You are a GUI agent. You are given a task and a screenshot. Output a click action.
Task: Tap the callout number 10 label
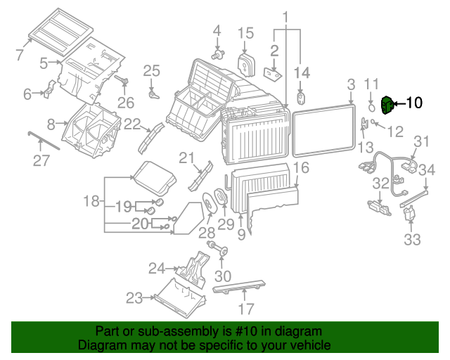413,103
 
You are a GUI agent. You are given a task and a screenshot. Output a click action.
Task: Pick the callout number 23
134,298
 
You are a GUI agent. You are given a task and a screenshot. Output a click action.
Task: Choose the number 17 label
245,309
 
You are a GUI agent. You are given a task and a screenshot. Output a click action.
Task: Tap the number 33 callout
412,239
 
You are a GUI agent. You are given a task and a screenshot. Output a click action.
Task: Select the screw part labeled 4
219,53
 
